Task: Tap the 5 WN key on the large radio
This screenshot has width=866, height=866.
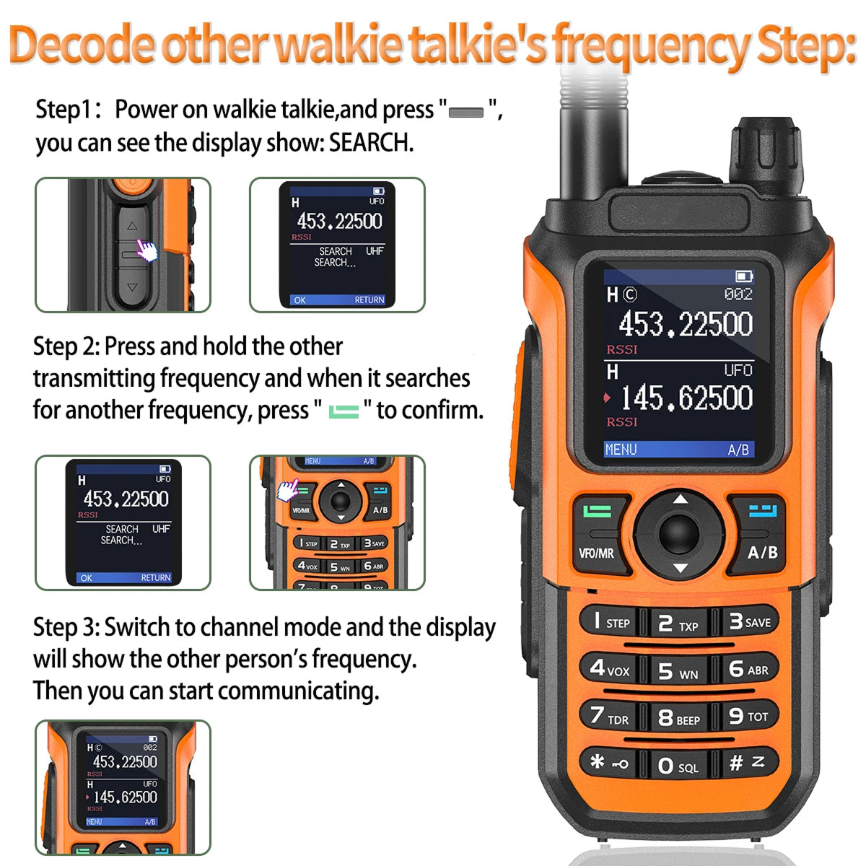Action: click(678, 670)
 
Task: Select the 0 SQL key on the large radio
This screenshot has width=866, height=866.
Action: click(678, 766)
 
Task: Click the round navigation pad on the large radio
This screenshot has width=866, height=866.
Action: click(679, 533)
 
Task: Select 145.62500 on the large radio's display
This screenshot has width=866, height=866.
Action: click(686, 398)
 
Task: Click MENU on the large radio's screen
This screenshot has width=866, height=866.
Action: click(621, 450)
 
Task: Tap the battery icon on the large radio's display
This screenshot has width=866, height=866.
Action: click(743, 276)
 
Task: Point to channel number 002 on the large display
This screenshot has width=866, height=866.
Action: click(738, 294)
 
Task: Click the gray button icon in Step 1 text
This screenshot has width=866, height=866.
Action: click(466, 113)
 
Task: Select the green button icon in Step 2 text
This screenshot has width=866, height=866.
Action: click(344, 411)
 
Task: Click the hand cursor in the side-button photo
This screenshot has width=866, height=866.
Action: click(146, 251)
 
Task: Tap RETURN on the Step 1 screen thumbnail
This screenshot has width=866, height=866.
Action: click(369, 299)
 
